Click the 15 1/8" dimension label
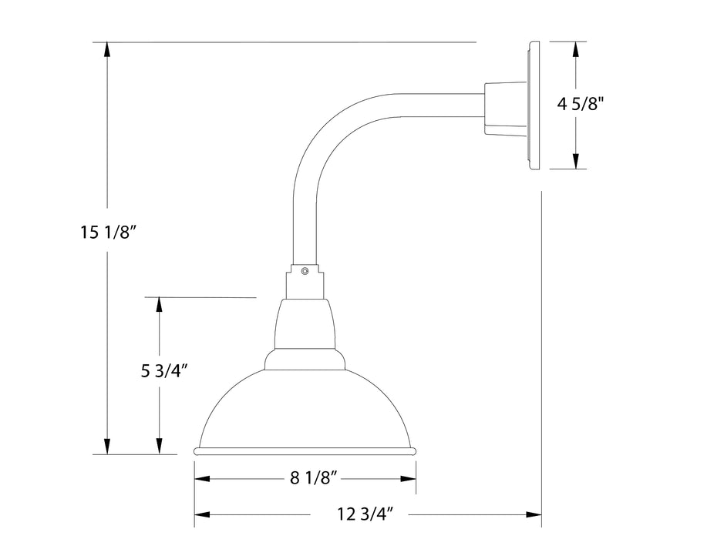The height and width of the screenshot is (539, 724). [108, 232]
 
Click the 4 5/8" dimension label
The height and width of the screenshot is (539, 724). [580, 105]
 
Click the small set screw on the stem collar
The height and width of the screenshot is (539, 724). [305, 270]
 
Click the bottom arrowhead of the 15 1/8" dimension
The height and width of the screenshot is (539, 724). [107, 446]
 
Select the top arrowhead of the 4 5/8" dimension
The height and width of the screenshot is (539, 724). [574, 49]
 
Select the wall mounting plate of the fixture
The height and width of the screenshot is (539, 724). [532, 105]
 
